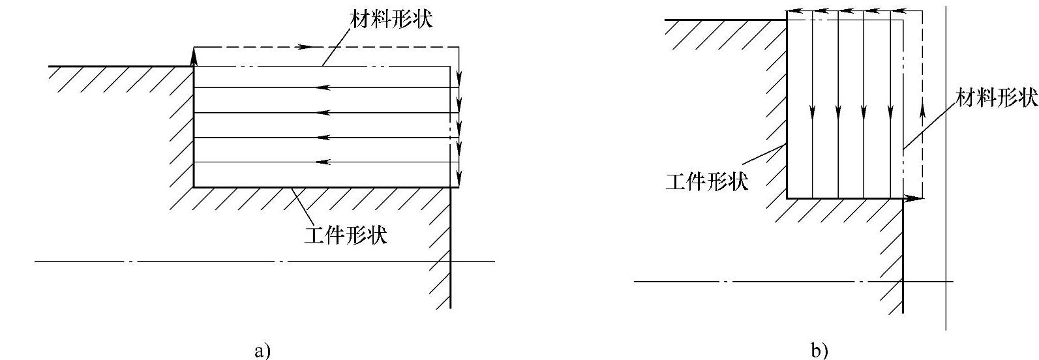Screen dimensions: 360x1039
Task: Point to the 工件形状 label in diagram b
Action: pyautogui.click(x=706, y=181)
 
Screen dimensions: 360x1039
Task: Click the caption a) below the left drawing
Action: pyautogui.click(x=261, y=351)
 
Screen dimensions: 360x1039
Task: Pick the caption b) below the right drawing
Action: pyautogui.click(x=819, y=351)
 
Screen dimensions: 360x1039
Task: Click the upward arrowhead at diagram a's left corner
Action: pyautogui.click(x=194, y=57)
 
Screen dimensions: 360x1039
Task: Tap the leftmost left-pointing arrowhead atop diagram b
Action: pyautogui.click(x=793, y=11)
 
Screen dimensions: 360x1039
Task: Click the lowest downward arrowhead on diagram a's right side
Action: pyautogui.click(x=459, y=176)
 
